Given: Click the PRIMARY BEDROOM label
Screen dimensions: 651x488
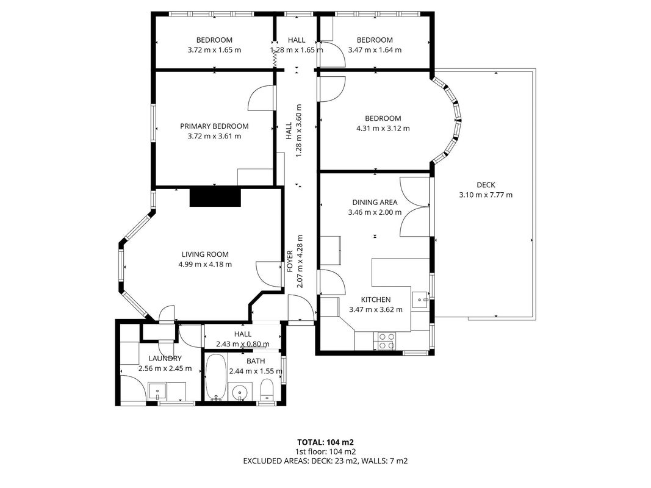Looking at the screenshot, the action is click(214, 126).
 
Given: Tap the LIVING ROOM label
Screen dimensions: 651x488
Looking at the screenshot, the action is click(205, 254).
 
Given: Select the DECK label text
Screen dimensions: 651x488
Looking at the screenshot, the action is click(486, 185).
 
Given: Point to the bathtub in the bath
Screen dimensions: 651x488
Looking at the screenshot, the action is click(216, 378).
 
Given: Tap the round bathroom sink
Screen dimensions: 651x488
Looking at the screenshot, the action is click(240, 392).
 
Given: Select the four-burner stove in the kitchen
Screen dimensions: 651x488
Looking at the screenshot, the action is click(386, 341).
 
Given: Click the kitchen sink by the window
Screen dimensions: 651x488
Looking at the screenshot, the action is click(421, 299).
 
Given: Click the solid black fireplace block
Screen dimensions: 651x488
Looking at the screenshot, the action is click(215, 197).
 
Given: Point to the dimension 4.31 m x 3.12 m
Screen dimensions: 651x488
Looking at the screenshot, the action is click(383, 129).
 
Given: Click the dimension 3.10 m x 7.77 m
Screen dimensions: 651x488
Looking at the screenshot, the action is click(486, 195).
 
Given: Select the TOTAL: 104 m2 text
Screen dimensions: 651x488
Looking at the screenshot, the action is click(326, 442).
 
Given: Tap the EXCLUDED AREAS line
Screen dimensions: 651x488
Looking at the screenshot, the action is click(326, 461).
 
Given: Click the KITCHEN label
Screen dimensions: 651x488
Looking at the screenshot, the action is click(376, 300).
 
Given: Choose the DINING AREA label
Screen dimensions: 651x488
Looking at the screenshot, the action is click(375, 203).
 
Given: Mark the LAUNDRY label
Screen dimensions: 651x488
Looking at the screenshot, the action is click(165, 359).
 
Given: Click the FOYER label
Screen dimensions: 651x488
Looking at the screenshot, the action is click(290, 261).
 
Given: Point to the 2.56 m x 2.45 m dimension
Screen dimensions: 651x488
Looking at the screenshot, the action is click(165, 368).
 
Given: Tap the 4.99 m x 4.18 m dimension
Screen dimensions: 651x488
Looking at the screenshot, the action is click(205, 264).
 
